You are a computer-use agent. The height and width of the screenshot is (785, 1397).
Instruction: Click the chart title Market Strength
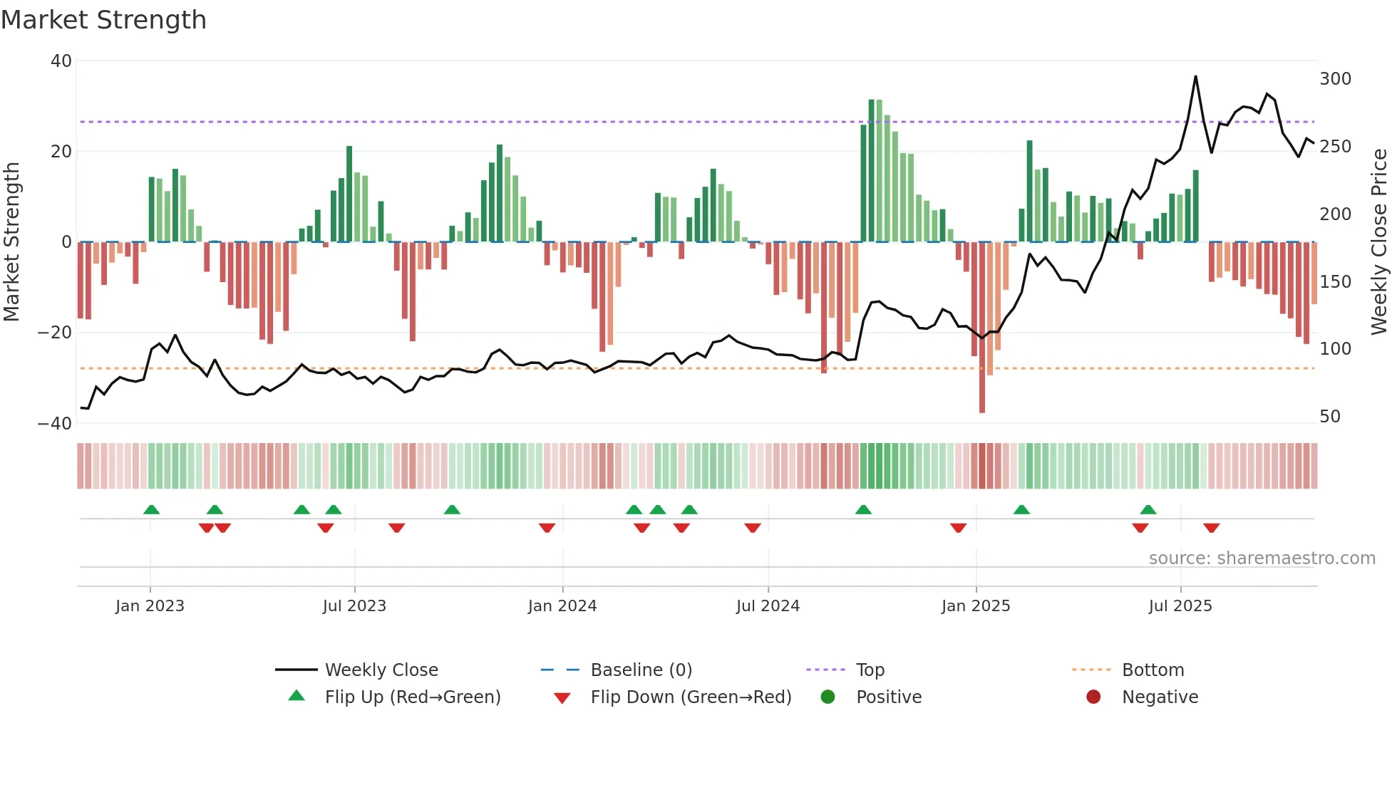point(103,20)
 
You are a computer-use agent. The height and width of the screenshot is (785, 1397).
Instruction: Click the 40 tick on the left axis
point(61,61)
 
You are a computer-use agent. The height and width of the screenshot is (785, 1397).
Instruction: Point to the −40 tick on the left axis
point(55,424)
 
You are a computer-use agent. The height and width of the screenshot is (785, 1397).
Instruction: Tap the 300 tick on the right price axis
point(1335,79)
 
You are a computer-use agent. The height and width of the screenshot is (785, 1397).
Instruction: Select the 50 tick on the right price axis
point(1330,417)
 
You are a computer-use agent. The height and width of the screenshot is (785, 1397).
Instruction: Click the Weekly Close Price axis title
point(1379,242)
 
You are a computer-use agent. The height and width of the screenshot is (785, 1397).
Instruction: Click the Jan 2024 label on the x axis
point(562,606)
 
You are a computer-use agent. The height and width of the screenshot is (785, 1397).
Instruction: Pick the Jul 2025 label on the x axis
point(1180,606)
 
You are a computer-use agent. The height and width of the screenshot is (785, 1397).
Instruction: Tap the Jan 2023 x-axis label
point(150,606)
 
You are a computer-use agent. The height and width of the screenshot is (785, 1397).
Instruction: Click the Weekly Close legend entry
point(381,670)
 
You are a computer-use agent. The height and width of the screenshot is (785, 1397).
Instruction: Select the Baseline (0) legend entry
point(641,670)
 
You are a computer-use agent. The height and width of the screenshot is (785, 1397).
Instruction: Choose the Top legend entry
point(870,670)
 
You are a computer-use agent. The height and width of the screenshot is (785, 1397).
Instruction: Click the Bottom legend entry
point(1153,670)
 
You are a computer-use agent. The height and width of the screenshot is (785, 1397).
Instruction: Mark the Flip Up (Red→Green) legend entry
point(412,697)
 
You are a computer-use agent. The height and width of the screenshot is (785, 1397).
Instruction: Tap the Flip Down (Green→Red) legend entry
point(691,697)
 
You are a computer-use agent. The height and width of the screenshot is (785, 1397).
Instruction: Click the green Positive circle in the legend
point(828,697)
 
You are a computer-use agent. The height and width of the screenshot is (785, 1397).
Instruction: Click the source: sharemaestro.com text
point(1262,558)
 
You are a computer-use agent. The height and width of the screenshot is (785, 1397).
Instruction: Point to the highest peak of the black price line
point(1195,77)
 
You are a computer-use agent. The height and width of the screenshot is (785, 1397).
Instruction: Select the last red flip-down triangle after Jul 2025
point(1212,528)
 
